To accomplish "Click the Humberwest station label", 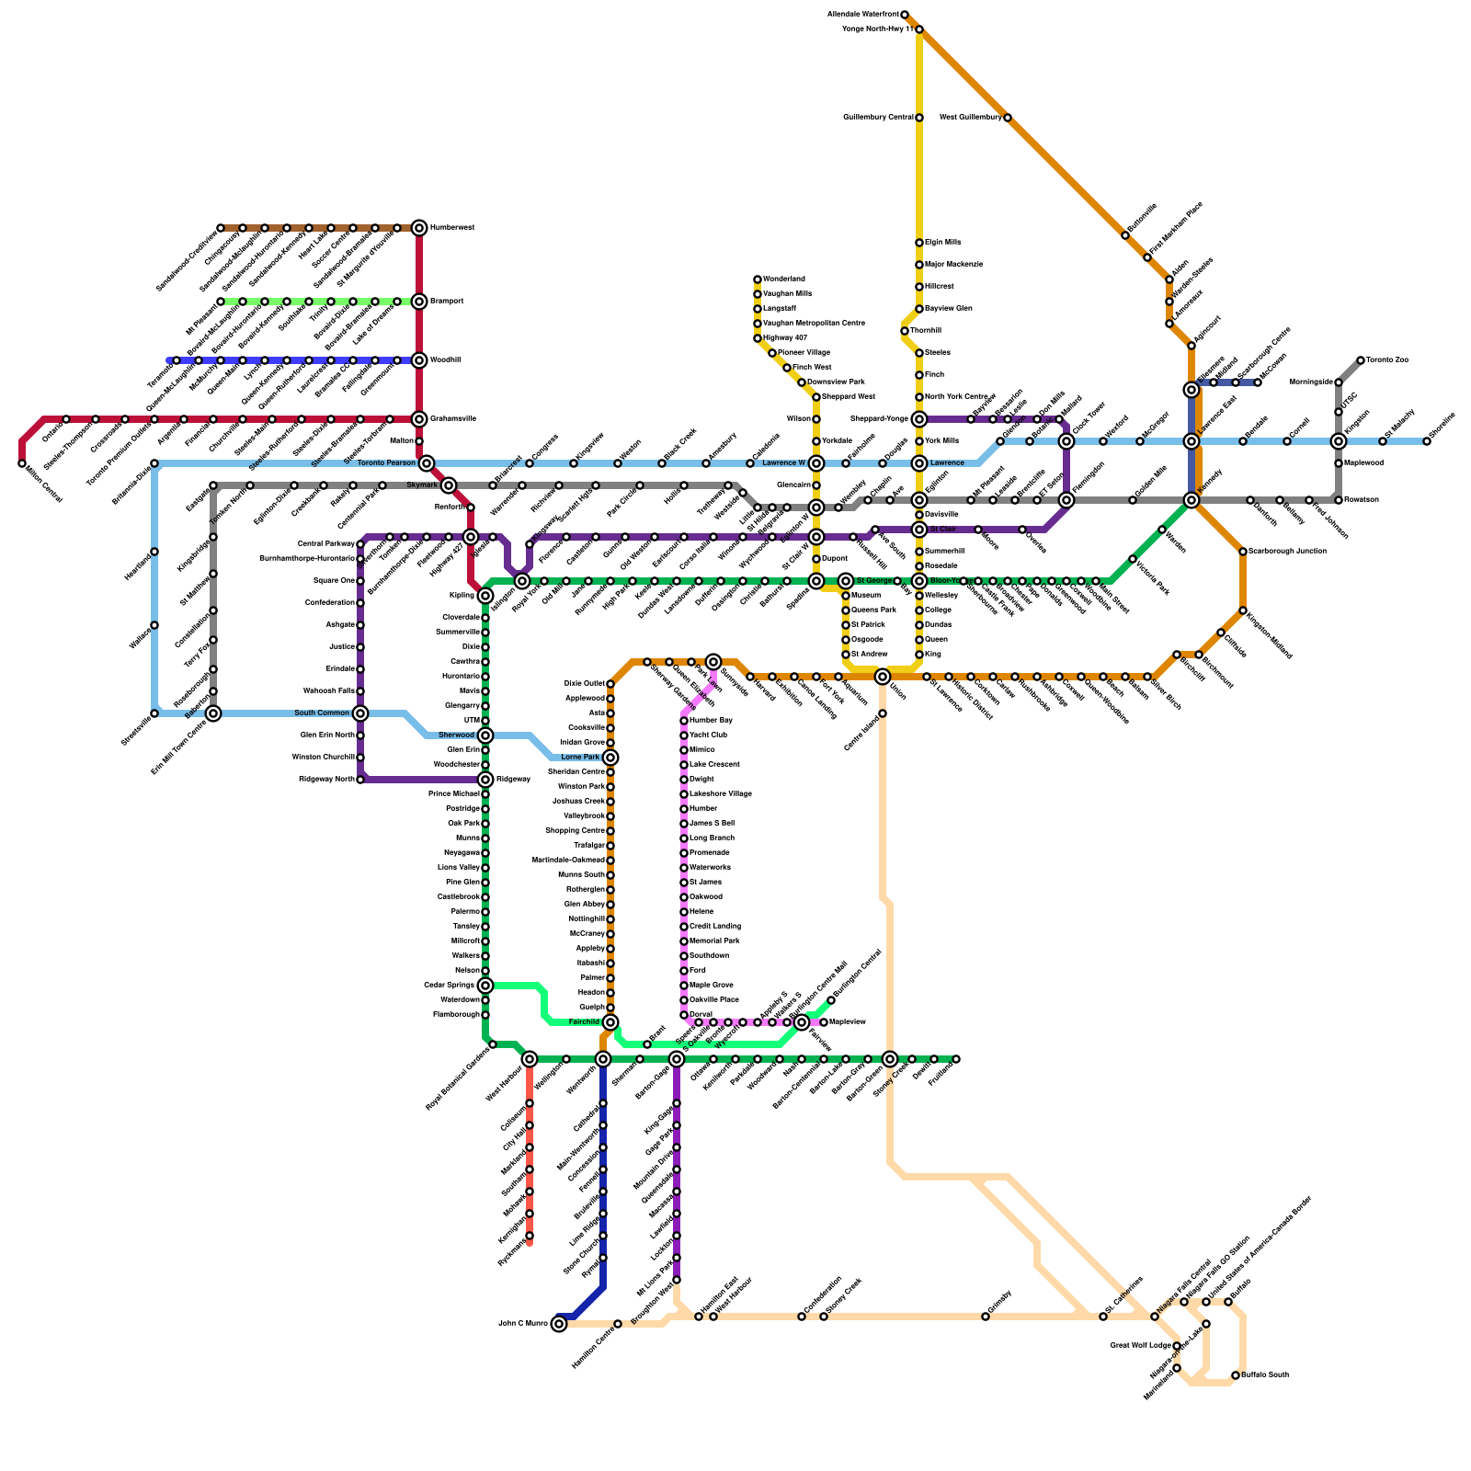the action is pos(452,228).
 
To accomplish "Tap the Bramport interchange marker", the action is pos(419,302).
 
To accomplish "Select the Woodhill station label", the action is pos(445,360).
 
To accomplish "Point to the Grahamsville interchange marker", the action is pos(419,419).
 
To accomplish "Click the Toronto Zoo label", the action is pos(1387,360).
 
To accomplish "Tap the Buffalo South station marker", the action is pos(1236,1375).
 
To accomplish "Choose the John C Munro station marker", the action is pos(559,1324).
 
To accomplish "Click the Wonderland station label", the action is pos(784,279).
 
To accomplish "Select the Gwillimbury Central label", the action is pos(878,118).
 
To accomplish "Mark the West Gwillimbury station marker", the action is pos(1008,118).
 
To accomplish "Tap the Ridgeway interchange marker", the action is pos(485,780).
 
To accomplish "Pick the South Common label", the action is pos(322,713).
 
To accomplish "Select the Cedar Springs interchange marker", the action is pos(485,986).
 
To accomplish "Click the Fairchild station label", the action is pos(584,1022).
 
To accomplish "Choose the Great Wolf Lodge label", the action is pos(1140,1346).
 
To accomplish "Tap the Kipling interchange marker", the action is pos(485,596).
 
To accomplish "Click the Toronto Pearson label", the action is pos(386,463).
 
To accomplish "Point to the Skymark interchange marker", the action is pos(449,485).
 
